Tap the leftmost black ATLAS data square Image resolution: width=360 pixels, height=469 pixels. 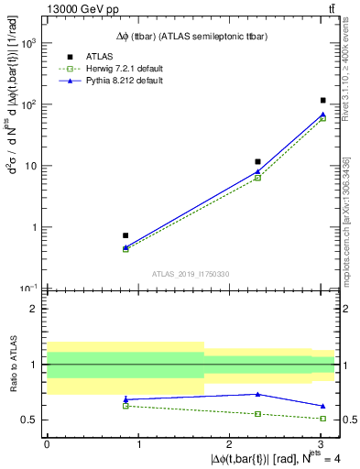click(125, 235)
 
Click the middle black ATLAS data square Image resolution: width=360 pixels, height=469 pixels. click(258, 161)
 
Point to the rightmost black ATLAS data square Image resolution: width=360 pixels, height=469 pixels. click(323, 100)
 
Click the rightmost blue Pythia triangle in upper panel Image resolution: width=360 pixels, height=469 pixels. click(323, 115)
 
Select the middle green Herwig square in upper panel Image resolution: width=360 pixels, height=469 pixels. click(258, 178)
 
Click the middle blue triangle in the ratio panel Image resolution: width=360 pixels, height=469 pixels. click(258, 394)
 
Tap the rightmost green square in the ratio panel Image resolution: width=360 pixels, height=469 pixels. click(323, 419)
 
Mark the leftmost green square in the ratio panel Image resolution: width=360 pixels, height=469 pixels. click(125, 405)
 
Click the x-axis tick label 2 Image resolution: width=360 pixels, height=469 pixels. click(230, 444)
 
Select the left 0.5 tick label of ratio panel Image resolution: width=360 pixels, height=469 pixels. click(29, 420)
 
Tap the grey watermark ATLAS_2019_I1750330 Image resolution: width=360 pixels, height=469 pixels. click(191, 274)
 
